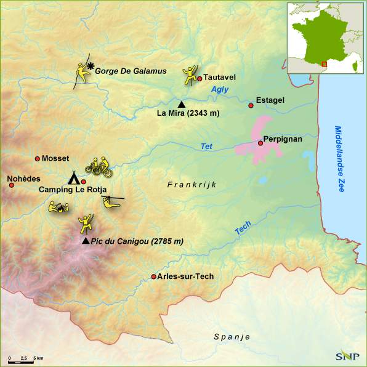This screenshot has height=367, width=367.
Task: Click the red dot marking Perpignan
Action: [260, 143]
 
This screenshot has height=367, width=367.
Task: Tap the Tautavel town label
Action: [220, 78]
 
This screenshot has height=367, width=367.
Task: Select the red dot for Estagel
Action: [251, 106]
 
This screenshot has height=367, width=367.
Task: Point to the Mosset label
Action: [55, 159]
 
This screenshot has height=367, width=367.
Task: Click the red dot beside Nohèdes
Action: [11, 185]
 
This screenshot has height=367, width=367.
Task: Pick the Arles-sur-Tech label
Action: [185, 276]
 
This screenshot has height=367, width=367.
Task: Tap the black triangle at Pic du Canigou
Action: [85, 241]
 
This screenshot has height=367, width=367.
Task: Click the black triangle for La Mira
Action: [181, 104]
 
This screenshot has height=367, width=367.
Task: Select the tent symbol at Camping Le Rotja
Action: [74, 179]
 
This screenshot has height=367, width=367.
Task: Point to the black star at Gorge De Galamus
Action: [91, 66]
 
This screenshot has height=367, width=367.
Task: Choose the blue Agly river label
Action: [220, 90]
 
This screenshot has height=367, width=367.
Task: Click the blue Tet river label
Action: [206, 146]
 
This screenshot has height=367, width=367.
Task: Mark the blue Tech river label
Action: [243, 228]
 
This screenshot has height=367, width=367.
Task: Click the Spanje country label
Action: [232, 337]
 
